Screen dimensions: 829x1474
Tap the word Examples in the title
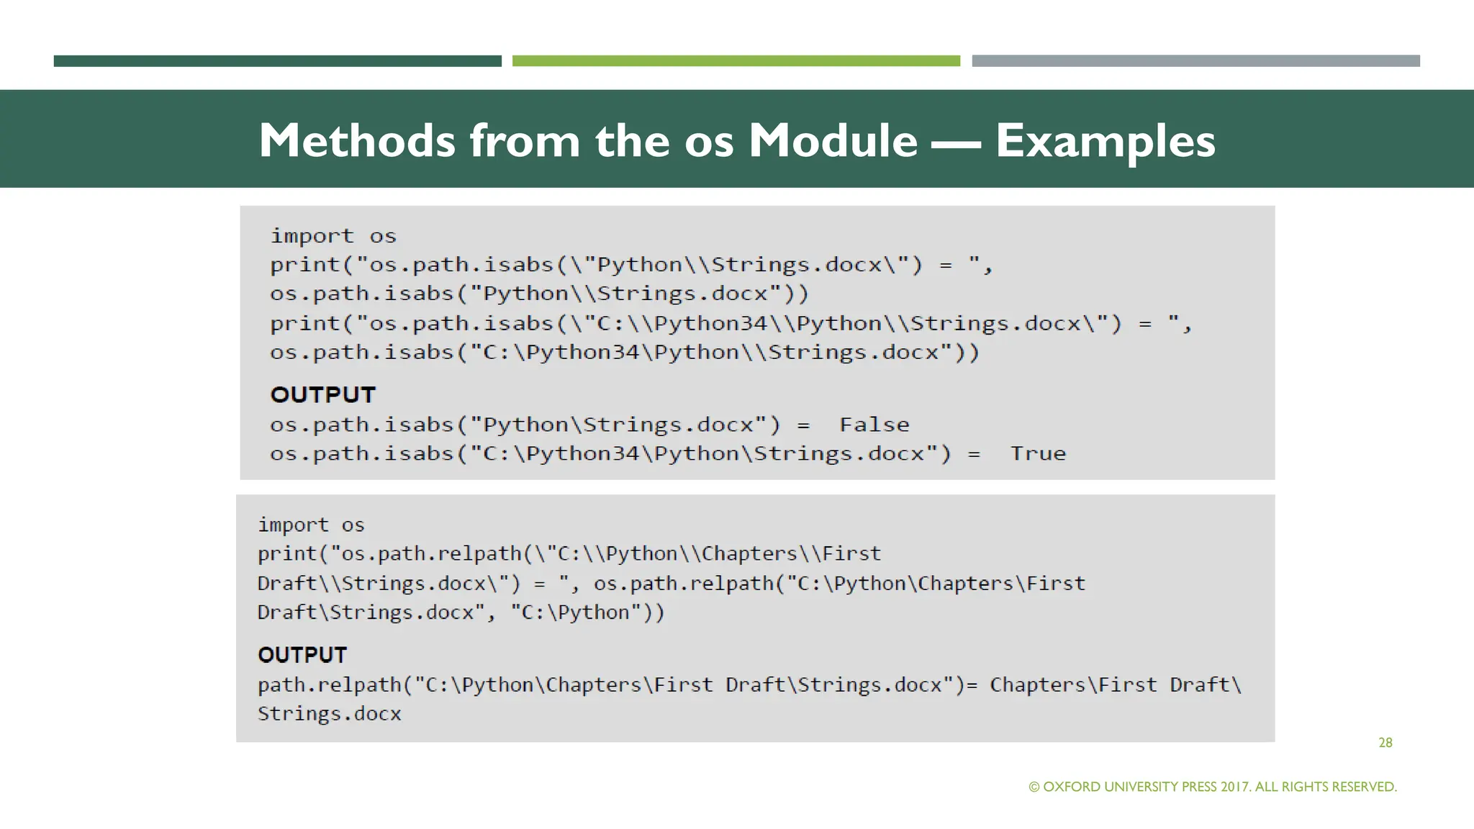(x=1105, y=141)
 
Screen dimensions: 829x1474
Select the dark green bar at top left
(x=277, y=61)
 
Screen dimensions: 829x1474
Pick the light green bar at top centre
(x=736, y=61)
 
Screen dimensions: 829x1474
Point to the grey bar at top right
(x=1195, y=61)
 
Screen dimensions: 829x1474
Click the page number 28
(x=1385, y=743)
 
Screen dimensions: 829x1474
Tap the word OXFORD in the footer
(x=1072, y=787)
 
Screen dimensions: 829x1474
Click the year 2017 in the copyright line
(x=1235, y=787)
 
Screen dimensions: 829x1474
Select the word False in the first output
(x=874, y=425)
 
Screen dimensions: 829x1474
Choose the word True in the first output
(x=1037, y=453)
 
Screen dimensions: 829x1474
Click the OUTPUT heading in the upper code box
(x=322, y=394)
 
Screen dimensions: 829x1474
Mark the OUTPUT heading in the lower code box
(x=302, y=655)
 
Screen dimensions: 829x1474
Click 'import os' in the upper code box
(x=333, y=236)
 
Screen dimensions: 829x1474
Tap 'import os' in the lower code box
(x=311, y=525)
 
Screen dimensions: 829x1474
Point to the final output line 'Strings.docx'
(x=329, y=714)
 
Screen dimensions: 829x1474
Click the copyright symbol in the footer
(x=1034, y=787)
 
